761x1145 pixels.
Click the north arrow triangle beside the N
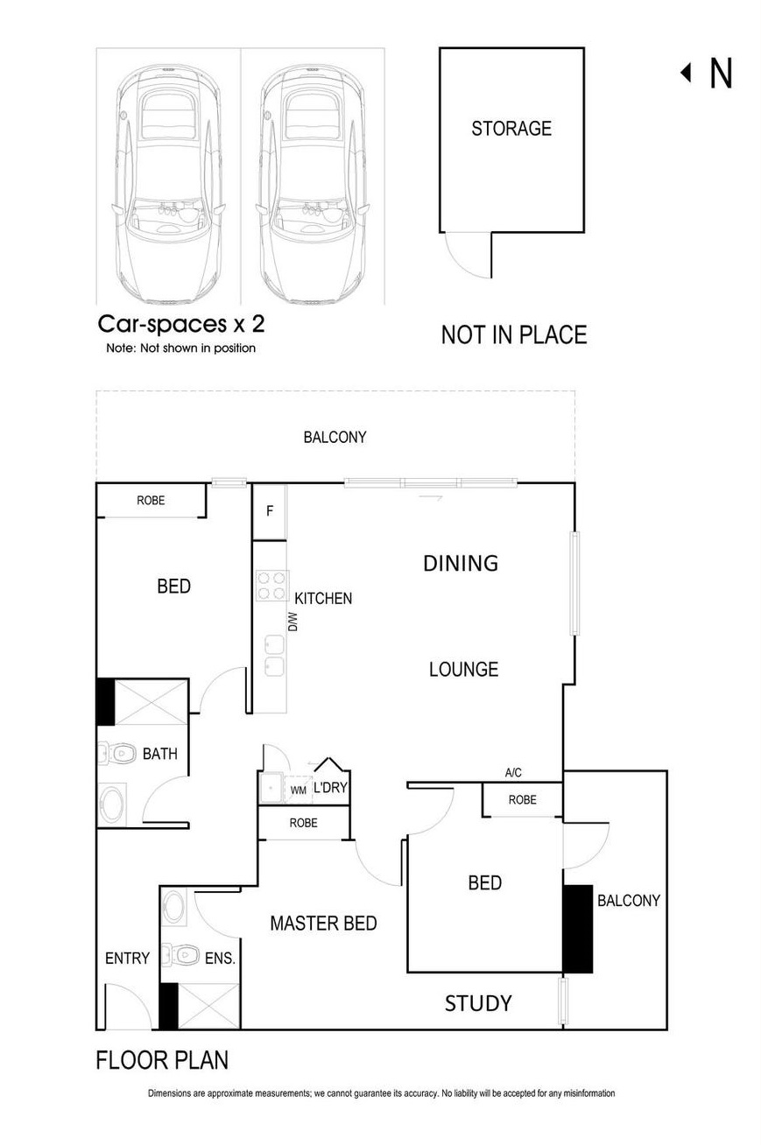click(x=687, y=73)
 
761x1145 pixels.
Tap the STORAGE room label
click(x=511, y=129)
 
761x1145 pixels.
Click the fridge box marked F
click(x=270, y=510)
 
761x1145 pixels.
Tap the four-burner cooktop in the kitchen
click(x=272, y=586)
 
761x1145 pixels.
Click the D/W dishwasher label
click(x=293, y=622)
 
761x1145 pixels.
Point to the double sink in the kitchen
click(x=273, y=656)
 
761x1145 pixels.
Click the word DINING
click(x=461, y=563)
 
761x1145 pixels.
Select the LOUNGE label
click(x=463, y=670)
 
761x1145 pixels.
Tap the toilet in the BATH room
click(x=118, y=752)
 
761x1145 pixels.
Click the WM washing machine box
click(x=299, y=790)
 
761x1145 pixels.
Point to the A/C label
click(x=514, y=773)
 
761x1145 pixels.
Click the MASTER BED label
click(x=323, y=924)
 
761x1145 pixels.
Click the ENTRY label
click(x=127, y=959)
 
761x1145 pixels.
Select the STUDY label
click(x=478, y=1003)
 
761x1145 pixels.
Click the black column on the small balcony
click(x=577, y=929)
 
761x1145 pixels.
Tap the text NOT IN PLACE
click(x=513, y=334)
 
